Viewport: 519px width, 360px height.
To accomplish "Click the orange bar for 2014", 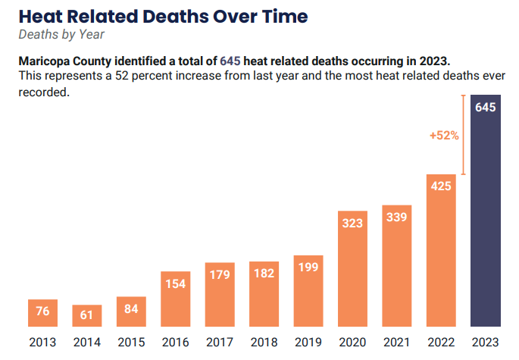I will coord(87,316).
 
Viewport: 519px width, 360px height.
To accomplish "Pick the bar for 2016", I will coord(176,299).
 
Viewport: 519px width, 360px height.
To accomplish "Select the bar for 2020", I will coord(352,269).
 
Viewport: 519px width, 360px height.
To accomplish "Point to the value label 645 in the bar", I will coord(485,108).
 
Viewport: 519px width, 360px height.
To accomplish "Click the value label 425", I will coord(441,186).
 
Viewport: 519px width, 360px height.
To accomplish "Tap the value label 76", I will coord(42,311).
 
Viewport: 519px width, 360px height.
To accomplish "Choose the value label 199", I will coord(308,268).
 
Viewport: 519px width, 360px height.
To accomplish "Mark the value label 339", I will coord(397,218).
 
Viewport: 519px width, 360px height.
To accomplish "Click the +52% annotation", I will coord(444,135).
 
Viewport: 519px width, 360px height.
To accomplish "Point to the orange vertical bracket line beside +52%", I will coord(462,135).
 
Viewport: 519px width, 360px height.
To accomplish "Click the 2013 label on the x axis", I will coord(42,343).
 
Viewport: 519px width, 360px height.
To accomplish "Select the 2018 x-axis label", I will coord(264,343).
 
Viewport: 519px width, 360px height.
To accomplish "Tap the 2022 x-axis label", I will coord(441,343).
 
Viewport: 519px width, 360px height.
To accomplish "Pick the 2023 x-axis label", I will coord(485,343).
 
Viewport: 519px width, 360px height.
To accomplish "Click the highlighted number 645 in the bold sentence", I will coord(230,60).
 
